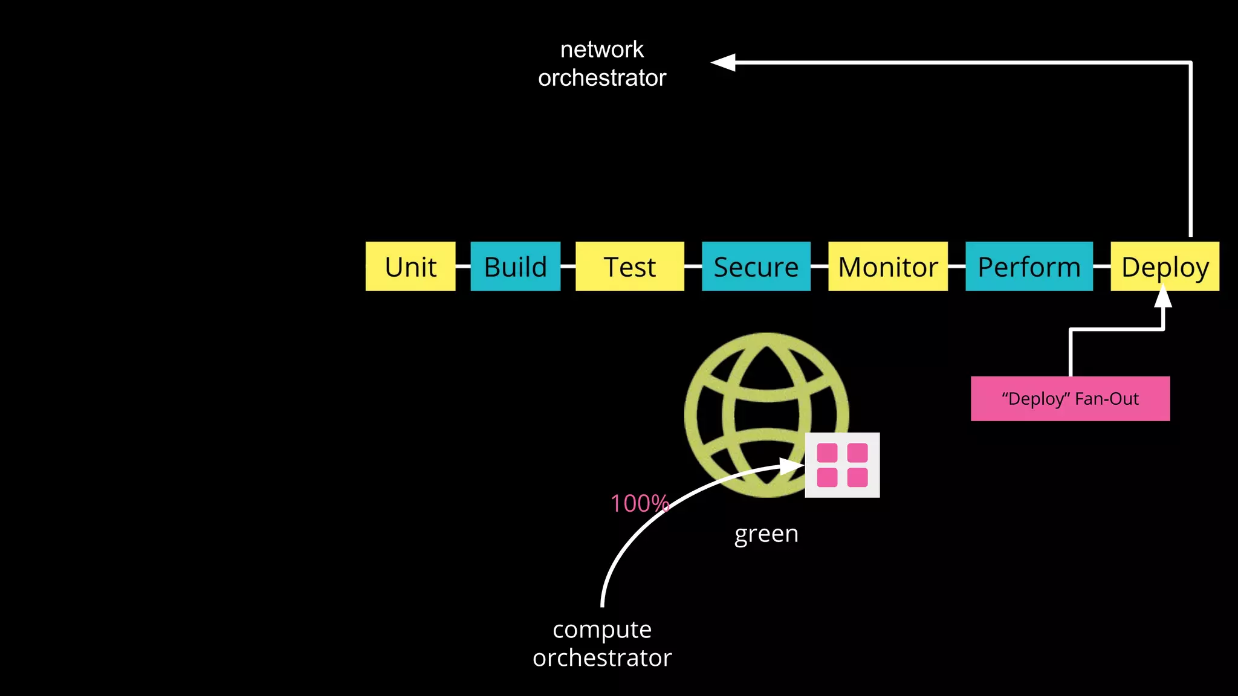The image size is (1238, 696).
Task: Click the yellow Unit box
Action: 410,266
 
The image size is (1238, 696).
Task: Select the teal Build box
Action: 515,266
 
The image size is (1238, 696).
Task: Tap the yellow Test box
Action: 629,266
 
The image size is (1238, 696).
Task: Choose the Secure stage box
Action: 756,266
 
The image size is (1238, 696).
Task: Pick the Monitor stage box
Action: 887,266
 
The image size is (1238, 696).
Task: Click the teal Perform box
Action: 1029,266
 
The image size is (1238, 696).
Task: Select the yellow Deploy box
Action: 1164,266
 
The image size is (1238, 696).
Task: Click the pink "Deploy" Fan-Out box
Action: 1070,399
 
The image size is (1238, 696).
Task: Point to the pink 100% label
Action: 639,503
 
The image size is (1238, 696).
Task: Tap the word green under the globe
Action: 766,533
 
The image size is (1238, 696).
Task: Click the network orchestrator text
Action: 602,63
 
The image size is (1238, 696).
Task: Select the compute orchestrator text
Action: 602,643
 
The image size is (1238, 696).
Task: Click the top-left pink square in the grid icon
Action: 827,453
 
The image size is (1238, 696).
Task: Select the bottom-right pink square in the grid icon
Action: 857,477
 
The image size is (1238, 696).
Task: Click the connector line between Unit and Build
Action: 463,266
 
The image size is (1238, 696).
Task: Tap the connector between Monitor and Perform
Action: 956,266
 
